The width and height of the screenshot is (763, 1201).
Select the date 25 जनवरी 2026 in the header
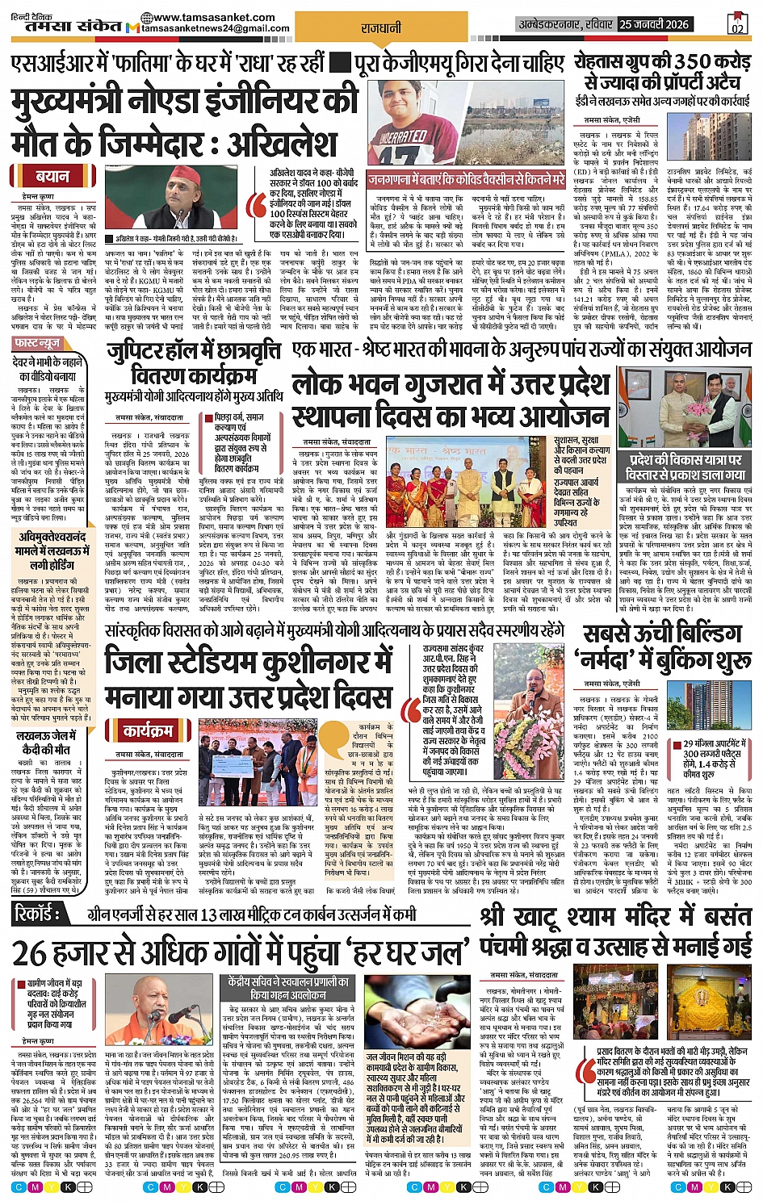654,24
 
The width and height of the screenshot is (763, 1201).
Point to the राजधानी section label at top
381,28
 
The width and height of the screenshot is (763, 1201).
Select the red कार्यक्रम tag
147,731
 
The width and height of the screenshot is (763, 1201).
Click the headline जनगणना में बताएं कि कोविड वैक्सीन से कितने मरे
466,179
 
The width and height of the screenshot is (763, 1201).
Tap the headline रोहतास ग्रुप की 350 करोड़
662,61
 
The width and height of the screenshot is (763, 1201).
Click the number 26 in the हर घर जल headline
29,953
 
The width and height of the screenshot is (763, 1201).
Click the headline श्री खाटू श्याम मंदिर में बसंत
615,918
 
